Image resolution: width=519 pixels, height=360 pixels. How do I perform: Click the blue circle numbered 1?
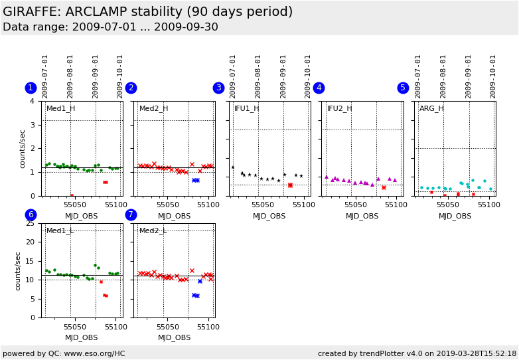tap(31, 88)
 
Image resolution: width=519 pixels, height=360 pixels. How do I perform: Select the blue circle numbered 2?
tap(131, 88)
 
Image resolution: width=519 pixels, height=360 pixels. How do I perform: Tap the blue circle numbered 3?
tap(218, 88)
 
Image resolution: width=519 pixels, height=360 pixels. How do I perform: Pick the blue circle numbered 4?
tap(319, 88)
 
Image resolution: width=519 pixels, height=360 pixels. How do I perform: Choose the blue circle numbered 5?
tap(403, 88)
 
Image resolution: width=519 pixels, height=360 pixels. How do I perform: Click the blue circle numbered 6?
tap(31, 215)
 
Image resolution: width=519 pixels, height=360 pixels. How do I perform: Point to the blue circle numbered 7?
tap(131, 215)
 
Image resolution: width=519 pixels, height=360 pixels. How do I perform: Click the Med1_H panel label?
tap(60, 109)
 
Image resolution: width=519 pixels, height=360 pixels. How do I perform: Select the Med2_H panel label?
tap(153, 109)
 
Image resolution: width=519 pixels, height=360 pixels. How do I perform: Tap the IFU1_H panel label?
tap(247, 109)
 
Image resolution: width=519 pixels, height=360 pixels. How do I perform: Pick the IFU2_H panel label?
tap(340, 109)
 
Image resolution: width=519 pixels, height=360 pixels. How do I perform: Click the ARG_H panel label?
tap(431, 109)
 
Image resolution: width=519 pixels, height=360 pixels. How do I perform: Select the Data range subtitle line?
tap(110, 27)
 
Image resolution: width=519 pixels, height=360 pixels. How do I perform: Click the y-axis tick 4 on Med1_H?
tap(32, 102)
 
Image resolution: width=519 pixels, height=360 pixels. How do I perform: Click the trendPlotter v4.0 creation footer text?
tap(417, 354)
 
